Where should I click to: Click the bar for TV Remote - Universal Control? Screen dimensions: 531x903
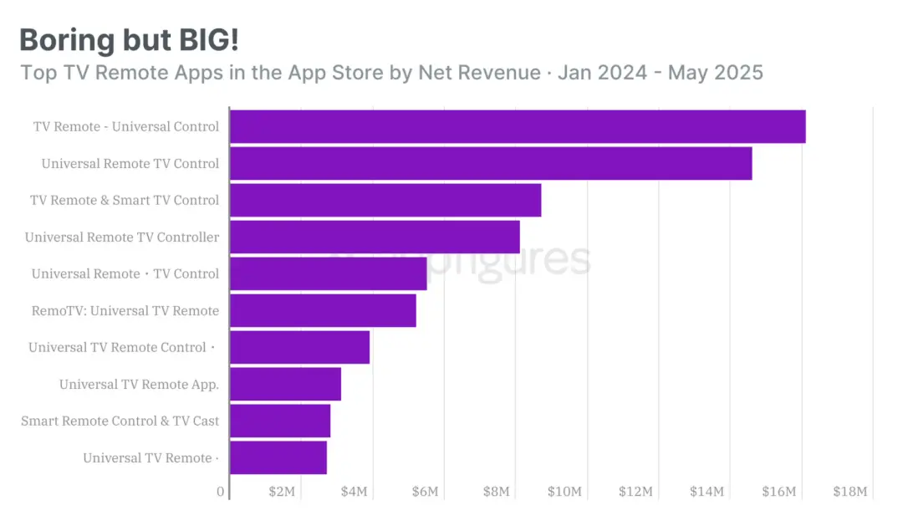pyautogui.click(x=518, y=126)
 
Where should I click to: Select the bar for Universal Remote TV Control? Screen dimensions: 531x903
pyautogui.click(x=491, y=163)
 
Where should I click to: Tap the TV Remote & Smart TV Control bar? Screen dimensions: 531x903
pyautogui.click(x=385, y=200)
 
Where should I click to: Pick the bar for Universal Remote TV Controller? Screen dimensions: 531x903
pyautogui.click(x=375, y=237)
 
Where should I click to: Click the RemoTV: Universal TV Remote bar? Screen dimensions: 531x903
pyautogui.click(x=323, y=310)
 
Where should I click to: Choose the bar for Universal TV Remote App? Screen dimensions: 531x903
pyautogui.click(x=285, y=384)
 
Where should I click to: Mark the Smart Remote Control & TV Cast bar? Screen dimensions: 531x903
pyautogui.click(x=280, y=421)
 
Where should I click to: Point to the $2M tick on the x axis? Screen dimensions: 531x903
pyautogui.click(x=282, y=492)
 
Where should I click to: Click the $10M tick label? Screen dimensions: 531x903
pyautogui.click(x=564, y=492)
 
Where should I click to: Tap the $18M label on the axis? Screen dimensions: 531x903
pyautogui.click(x=850, y=492)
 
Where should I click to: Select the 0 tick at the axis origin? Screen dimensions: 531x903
pyautogui.click(x=221, y=492)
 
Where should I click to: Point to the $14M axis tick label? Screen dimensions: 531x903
pyautogui.click(x=707, y=492)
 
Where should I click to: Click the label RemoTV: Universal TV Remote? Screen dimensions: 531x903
pyautogui.click(x=125, y=311)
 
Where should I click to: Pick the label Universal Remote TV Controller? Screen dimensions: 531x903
pyautogui.click(x=122, y=237)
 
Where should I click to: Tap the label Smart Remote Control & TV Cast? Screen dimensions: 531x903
pyautogui.click(x=120, y=421)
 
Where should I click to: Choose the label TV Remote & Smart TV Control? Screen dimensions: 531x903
pyautogui.click(x=125, y=201)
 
